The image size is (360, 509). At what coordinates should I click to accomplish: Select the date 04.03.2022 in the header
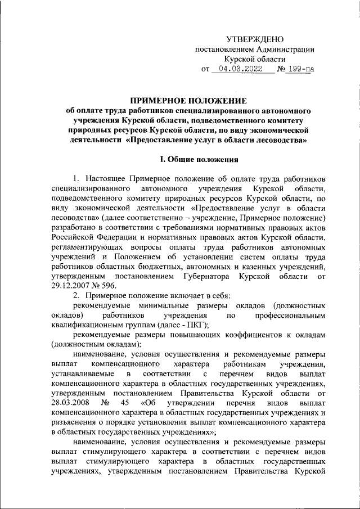tap(243, 70)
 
